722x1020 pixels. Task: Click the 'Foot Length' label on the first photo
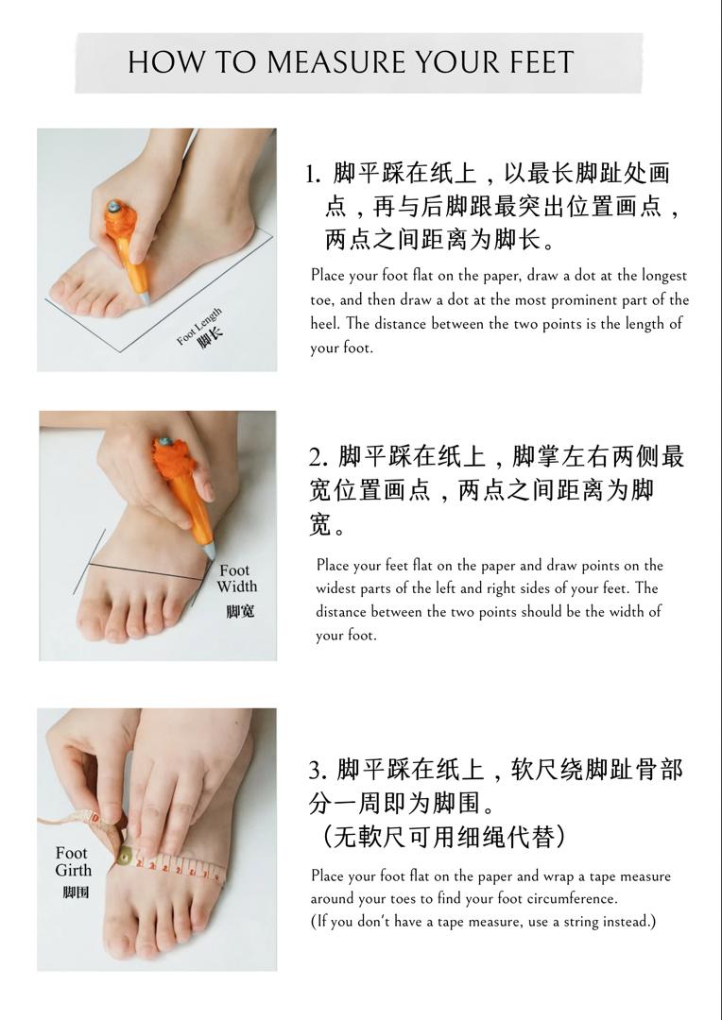(199, 326)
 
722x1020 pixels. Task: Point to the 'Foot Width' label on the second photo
(237, 578)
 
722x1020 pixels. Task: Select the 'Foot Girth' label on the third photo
(74, 861)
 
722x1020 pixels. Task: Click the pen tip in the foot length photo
(145, 300)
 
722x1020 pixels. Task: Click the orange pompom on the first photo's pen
(120, 221)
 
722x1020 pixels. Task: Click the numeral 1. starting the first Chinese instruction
(313, 175)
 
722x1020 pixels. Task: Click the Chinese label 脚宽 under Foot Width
(240, 611)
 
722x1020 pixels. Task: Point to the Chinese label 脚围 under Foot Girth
(76, 892)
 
